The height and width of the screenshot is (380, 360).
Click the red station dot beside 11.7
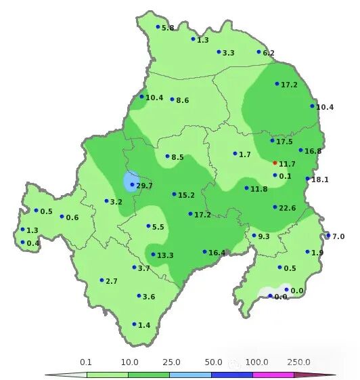pos(275,163)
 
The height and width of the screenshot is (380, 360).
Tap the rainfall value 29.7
pos(145,185)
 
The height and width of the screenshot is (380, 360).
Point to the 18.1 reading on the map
pos(320,180)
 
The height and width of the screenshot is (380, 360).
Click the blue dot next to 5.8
pos(158,27)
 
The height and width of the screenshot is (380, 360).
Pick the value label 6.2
pos(269,53)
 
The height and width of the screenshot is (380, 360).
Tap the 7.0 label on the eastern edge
pos(338,236)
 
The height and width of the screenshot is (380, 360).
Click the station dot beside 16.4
pos(204,252)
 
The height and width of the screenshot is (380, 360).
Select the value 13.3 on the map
pos(166,255)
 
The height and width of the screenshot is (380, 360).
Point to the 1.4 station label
pos(144,325)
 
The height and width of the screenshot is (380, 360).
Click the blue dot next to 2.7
pos(102,280)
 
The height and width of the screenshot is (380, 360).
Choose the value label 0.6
pos(72,217)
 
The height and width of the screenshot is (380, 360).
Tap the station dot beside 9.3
pos(254,236)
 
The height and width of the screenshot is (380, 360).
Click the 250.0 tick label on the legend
pos(299,362)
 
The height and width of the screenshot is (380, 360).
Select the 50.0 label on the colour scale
pos(215,362)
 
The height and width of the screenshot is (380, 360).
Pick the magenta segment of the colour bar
pos(273,374)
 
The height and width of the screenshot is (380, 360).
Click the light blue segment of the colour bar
pos(190,374)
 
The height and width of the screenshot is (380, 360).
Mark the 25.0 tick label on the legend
pos(172,362)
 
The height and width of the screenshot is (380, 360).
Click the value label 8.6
pos(183,100)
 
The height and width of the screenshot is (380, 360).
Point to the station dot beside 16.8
pos(300,150)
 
